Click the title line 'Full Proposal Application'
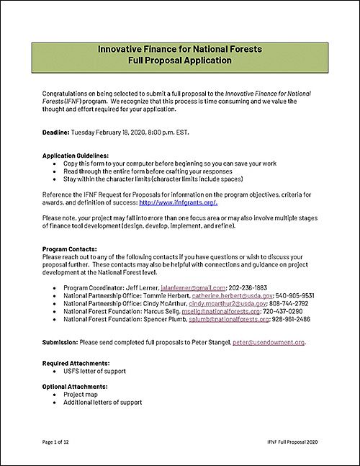click(180, 61)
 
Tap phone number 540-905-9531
click(315, 295)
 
